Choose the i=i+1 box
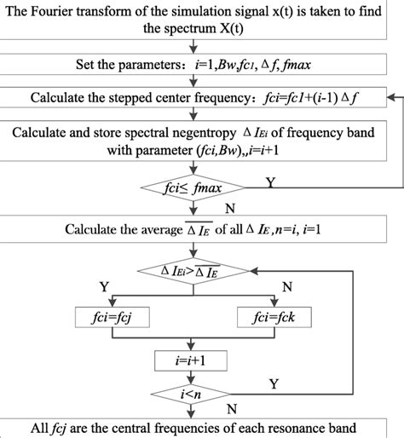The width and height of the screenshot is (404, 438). tap(202, 360)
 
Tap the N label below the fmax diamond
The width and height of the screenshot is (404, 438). tap(228, 206)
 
